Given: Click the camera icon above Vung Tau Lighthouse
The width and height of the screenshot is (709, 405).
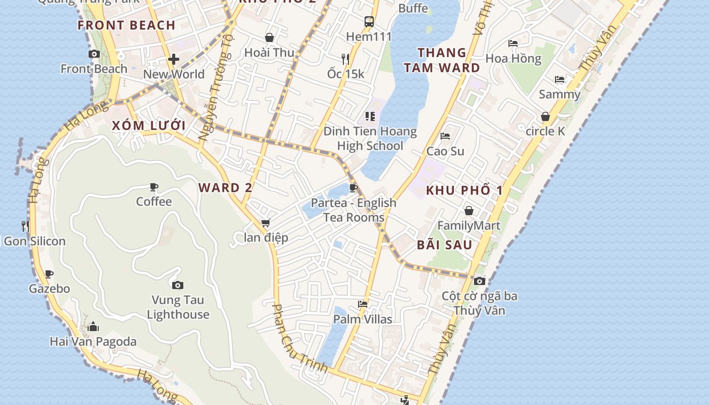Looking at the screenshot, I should click(177, 286).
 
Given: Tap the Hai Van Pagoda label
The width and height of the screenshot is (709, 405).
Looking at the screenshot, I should click(93, 342).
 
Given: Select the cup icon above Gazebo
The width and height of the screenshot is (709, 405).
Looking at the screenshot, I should click(49, 274).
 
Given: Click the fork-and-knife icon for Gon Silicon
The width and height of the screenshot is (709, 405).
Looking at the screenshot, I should click(25, 226).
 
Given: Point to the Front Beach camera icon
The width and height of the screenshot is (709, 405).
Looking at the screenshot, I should click(94, 54).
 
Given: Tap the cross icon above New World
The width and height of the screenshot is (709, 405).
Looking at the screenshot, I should click(174, 60).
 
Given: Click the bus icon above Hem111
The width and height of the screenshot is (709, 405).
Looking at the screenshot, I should click(369, 22).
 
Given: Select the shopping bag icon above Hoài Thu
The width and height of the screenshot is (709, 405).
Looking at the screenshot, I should click(269, 37).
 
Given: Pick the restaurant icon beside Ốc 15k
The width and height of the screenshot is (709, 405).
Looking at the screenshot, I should click(345, 59).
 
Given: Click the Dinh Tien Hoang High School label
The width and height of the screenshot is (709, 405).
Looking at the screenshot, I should click(370, 139).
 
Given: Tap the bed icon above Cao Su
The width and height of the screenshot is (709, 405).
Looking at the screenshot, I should click(445, 136).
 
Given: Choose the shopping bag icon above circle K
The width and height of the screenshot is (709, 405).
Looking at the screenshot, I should click(545, 117).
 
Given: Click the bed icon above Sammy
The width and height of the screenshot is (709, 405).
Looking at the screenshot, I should click(560, 79).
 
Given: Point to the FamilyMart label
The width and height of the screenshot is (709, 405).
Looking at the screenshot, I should click(468, 226).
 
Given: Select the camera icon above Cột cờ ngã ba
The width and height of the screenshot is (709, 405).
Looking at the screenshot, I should click(480, 281).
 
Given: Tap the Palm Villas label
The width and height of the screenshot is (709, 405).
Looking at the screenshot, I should click(363, 319).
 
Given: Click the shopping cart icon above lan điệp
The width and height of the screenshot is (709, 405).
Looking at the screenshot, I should click(266, 223).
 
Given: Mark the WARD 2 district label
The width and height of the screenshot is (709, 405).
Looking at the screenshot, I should click(225, 188).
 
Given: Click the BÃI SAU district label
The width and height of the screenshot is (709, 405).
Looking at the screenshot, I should click(445, 245).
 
